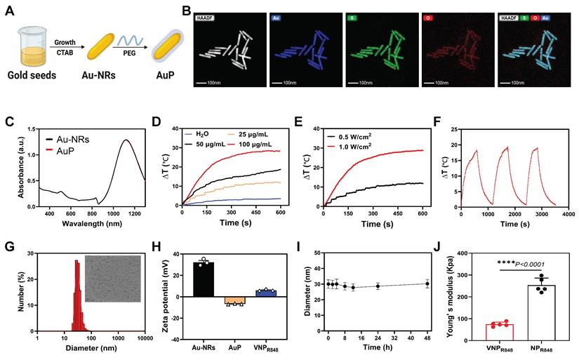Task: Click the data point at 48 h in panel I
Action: (x=427, y=284)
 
